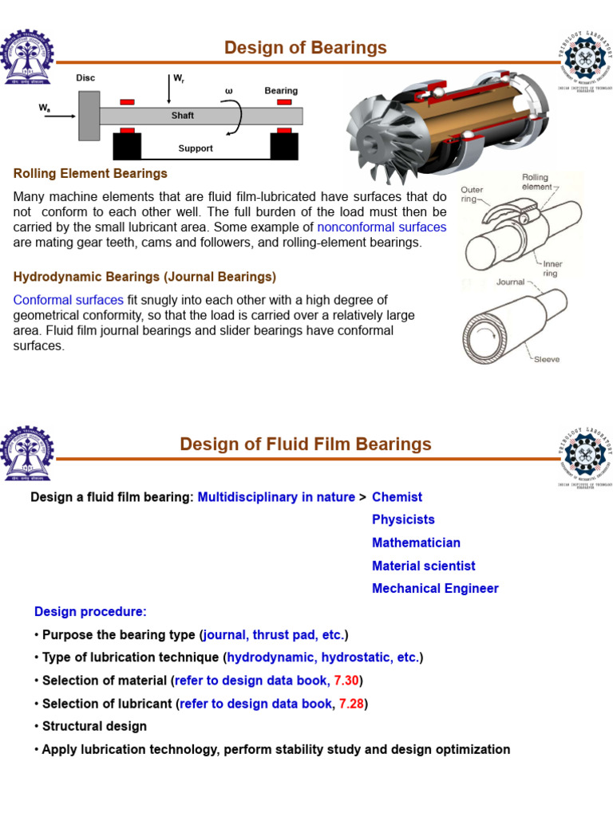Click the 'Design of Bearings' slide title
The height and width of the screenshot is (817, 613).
point(305,48)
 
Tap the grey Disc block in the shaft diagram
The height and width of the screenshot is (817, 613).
point(89,116)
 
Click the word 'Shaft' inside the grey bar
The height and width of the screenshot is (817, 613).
point(183,116)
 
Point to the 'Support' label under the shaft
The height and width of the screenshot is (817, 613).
point(196,148)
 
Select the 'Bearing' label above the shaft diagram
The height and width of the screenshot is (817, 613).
point(281,91)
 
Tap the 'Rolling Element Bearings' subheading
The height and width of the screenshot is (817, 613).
point(90,173)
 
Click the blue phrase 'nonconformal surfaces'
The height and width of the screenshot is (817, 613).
point(382,227)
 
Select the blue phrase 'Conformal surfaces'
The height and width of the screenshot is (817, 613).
point(69,300)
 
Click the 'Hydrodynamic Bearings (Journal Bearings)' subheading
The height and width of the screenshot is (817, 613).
point(144,277)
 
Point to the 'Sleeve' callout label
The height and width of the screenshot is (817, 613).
point(547,360)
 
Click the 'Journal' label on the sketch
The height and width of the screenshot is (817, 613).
point(511,282)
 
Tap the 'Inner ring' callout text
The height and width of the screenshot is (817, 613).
point(552,268)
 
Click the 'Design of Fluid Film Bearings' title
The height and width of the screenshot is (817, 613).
point(305,444)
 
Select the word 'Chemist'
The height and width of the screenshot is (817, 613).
point(397,497)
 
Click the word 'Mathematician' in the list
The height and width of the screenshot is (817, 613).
point(416,543)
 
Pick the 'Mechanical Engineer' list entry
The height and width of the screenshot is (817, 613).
point(435,589)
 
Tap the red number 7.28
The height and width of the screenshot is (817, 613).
point(353,704)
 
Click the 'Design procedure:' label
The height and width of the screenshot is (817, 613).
point(90,612)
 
